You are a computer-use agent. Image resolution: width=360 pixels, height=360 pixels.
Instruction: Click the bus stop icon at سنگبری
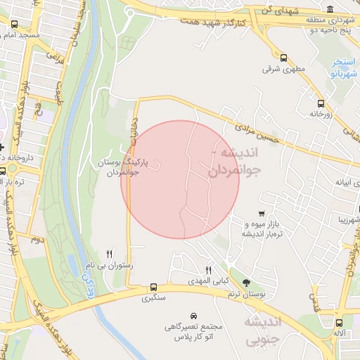(153, 287)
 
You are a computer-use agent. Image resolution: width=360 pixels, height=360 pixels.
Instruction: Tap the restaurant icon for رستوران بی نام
(109, 254)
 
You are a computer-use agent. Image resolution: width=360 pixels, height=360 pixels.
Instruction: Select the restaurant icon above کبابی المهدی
(208, 270)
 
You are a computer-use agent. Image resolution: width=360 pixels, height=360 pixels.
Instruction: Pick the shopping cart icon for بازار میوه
(262, 214)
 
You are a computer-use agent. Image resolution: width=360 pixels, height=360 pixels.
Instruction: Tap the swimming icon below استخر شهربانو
(335, 72)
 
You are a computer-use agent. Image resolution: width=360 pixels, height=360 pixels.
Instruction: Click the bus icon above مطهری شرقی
(284, 58)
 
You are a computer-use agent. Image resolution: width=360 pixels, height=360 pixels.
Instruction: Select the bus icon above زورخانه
(319, 101)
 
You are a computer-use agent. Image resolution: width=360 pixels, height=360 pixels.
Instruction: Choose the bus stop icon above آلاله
(340, 323)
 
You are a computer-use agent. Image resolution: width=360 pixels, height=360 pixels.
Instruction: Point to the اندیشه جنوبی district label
(262, 330)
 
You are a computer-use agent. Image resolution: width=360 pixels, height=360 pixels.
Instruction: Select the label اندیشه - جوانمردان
(233, 160)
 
